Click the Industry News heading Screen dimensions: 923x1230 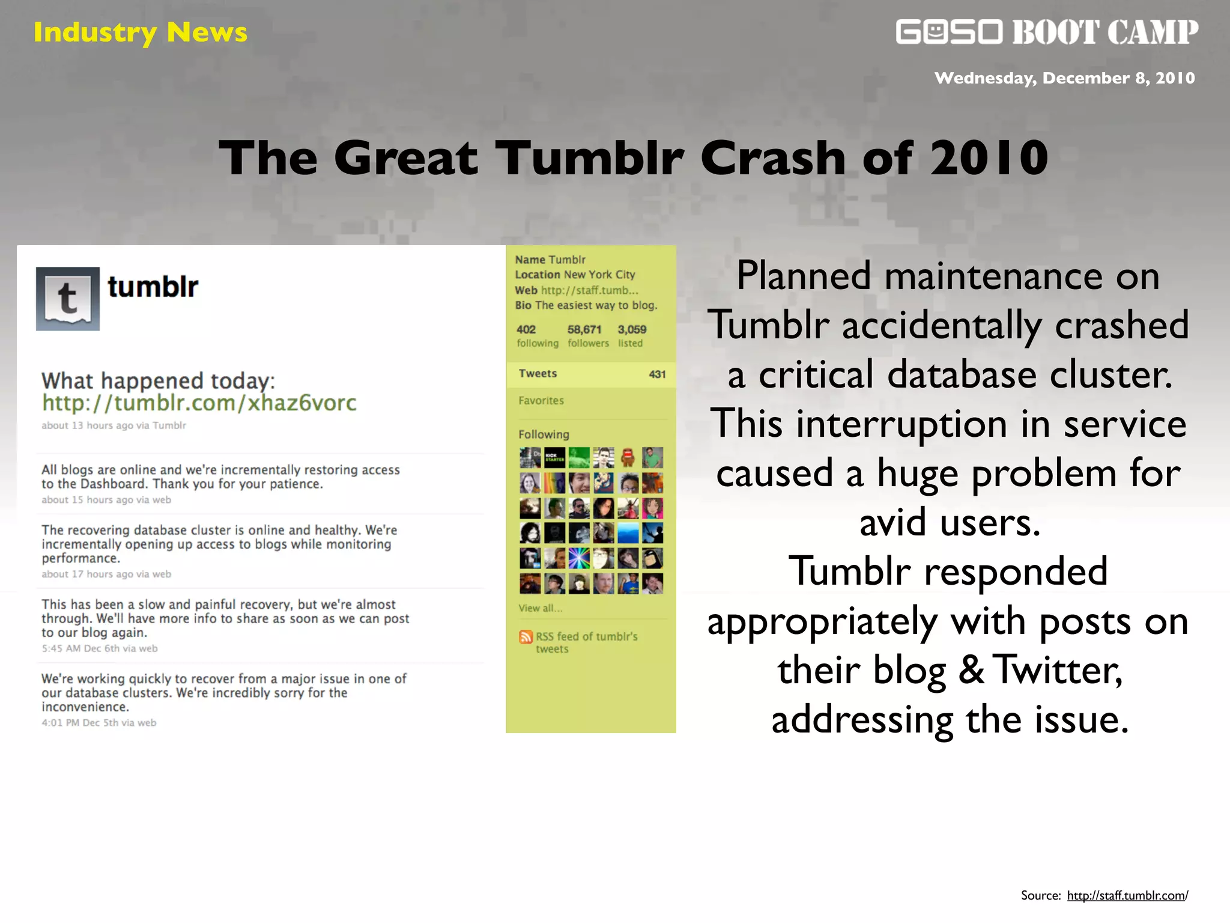(140, 32)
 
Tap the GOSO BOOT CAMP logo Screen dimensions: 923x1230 (1047, 32)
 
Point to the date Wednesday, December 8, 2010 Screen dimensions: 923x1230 (1064, 78)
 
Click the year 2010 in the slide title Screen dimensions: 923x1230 (989, 157)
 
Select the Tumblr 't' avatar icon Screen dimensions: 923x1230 (68, 299)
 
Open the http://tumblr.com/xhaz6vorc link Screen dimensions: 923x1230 (199, 403)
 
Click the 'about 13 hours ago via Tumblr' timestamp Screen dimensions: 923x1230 (114, 425)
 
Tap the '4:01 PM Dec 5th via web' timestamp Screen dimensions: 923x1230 (98, 723)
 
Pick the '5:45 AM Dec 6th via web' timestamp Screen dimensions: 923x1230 (100, 648)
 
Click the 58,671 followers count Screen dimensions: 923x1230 (584, 329)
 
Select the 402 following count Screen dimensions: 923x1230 (526, 329)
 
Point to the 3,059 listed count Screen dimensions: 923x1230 (632, 329)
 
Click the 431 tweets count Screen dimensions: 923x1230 (657, 374)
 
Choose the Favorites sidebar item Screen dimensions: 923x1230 (541, 401)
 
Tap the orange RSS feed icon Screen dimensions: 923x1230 (526, 637)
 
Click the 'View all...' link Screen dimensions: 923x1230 (541, 608)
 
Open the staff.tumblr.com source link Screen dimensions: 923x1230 (1127, 895)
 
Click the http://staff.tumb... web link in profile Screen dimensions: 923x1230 (589, 290)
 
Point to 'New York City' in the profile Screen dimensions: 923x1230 (599, 275)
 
